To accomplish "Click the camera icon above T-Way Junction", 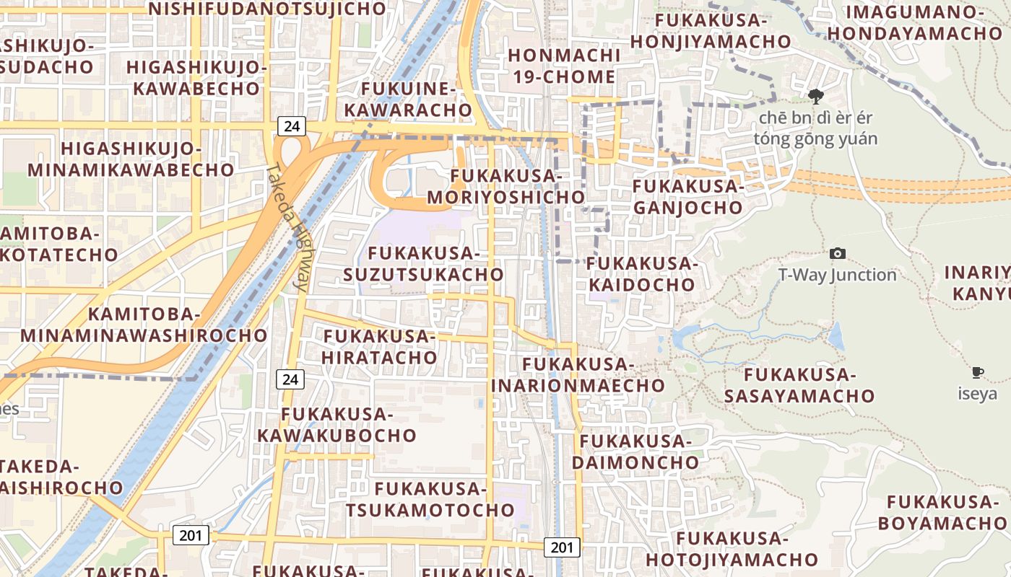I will click(838, 253).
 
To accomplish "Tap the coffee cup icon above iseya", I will click(977, 372).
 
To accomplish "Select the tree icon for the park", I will click(816, 96).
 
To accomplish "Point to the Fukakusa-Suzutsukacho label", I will click(423, 264).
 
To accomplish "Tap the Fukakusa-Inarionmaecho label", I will click(578, 374).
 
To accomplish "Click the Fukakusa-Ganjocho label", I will click(687, 197).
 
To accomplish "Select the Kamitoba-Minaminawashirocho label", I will click(144, 325).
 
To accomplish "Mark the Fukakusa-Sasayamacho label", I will click(799, 385).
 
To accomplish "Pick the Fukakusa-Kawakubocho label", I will click(337, 425).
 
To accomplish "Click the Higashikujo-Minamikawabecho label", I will click(131, 159).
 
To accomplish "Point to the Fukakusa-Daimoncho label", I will click(635, 451).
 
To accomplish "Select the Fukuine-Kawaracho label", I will click(408, 100).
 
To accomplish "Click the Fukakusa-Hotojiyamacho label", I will click(732, 549).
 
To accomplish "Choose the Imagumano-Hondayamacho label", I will click(915, 22).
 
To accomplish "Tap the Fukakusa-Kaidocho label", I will click(641, 274).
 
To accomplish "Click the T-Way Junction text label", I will click(837, 275).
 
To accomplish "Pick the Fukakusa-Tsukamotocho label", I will click(430, 499).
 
